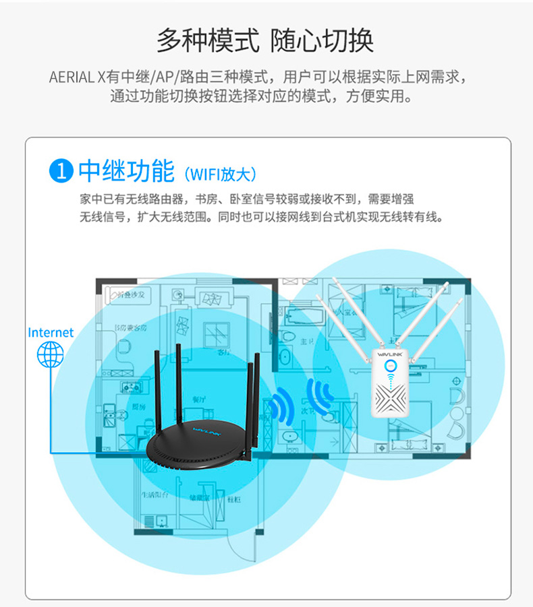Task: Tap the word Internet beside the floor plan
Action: (x=51, y=332)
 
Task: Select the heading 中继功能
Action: (x=126, y=172)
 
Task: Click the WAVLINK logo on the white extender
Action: (x=391, y=351)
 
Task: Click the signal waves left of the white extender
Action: (x=319, y=398)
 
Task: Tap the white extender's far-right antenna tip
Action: (x=462, y=300)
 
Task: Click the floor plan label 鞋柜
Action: (x=235, y=499)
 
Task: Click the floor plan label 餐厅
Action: (x=199, y=399)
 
